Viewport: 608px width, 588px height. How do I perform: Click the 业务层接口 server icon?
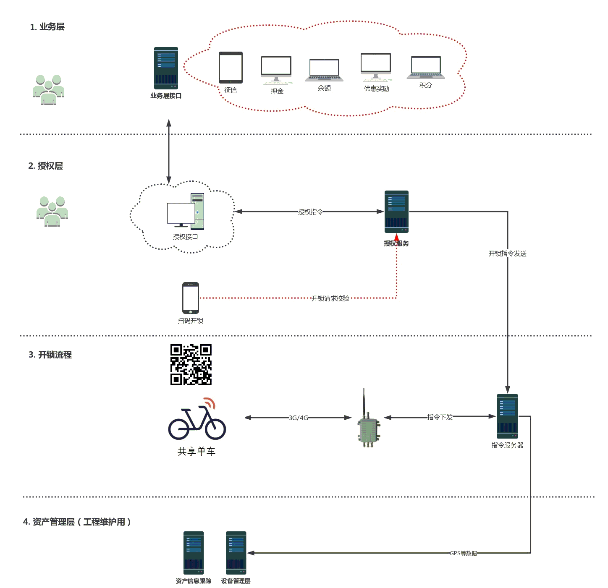click(x=166, y=68)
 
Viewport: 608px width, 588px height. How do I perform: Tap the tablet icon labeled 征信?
click(x=231, y=68)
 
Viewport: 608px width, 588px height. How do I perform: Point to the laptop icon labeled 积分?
click(x=426, y=68)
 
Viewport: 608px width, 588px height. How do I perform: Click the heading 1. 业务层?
click(x=47, y=27)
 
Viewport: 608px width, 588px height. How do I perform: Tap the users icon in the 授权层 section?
click(x=52, y=211)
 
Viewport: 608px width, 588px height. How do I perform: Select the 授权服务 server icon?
click(x=396, y=212)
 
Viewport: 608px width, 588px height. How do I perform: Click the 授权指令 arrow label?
click(x=310, y=212)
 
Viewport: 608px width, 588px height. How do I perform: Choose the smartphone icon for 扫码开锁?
click(x=191, y=298)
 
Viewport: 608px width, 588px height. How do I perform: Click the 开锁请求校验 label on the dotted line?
click(x=330, y=298)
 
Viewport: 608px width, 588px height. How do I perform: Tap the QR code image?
click(x=191, y=365)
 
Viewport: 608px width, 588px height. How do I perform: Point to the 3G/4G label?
click(x=298, y=418)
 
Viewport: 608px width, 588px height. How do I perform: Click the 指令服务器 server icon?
click(x=507, y=416)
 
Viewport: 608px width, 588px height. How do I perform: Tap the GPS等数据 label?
click(x=463, y=554)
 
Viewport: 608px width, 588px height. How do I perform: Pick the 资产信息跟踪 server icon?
click(x=194, y=553)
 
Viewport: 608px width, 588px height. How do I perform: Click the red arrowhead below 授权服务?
click(x=396, y=238)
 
